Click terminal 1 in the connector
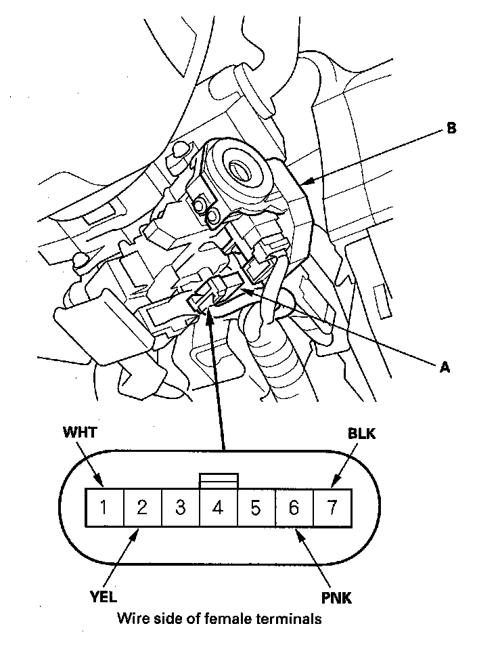pos(104,507)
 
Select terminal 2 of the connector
pos(142,507)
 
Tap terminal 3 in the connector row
pos(180,507)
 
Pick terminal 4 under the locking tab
pos(218,507)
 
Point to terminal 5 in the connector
pos(256,507)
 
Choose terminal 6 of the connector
pos(294,507)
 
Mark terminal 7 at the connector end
pos(332,507)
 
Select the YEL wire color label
pos(103,597)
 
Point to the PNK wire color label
pos(336,598)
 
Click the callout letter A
pos(445,367)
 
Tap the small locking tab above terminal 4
pos(218,480)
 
